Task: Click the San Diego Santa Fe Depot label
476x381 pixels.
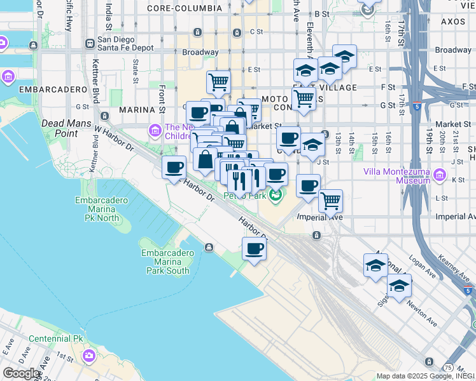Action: pyautogui.click(x=126, y=43)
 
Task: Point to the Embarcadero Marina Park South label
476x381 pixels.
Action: pyautogui.click(x=165, y=262)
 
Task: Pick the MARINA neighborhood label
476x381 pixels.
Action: pyautogui.click(x=137, y=110)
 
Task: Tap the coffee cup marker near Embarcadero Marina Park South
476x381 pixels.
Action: pyautogui.click(x=254, y=248)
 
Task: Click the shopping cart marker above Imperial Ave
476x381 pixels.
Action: pyautogui.click(x=330, y=200)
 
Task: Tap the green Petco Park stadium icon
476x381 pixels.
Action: pyautogui.click(x=276, y=194)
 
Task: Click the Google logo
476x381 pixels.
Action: pyautogui.click(x=21, y=373)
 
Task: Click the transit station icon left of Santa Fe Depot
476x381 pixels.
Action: pyautogui.click(x=90, y=44)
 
